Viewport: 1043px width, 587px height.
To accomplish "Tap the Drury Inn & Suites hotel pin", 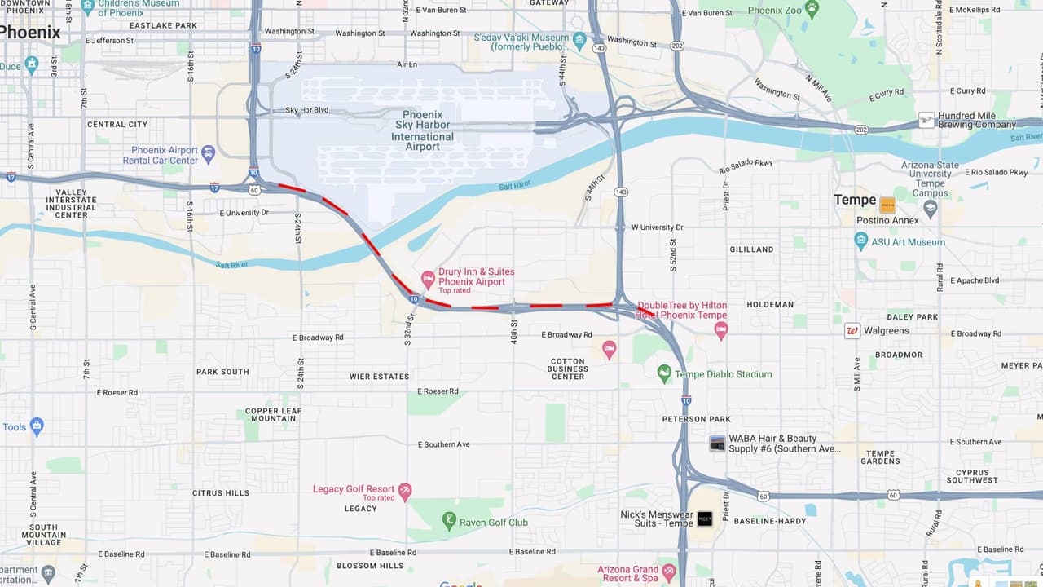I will click(427, 280).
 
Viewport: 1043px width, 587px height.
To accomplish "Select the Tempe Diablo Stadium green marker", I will click(665, 373).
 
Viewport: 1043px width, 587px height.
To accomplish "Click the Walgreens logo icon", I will click(852, 331).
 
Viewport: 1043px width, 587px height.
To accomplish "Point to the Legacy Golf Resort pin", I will click(405, 491).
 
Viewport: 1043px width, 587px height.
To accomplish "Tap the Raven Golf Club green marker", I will click(449, 519).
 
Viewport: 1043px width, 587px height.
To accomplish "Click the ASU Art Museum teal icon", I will click(861, 241).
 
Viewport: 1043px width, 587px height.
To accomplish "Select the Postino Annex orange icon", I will click(887, 205).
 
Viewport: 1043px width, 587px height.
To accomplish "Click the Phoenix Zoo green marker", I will click(811, 8).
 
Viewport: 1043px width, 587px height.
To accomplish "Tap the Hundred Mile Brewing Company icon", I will click(926, 120).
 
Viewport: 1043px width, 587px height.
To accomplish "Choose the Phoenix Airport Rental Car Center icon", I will click(209, 153).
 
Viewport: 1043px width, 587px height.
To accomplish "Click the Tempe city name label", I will click(855, 200).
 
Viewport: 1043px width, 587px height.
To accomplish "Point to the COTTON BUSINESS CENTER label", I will click(568, 369).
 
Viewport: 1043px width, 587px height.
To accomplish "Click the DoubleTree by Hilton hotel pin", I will click(720, 330).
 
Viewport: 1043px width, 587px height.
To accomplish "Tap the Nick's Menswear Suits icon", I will click(705, 519).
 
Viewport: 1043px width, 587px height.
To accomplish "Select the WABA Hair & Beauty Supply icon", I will click(717, 444).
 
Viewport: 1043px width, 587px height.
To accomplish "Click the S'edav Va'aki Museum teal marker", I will click(579, 40).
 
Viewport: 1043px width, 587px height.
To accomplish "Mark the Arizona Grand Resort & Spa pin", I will click(669, 572).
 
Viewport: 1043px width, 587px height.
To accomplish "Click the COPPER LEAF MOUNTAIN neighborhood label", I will click(273, 414).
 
